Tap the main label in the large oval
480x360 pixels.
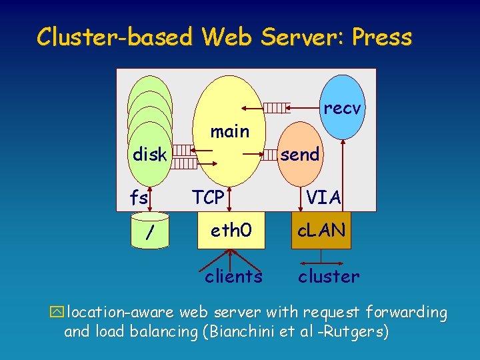point(229,131)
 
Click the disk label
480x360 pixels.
point(149,155)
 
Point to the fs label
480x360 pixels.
point(139,197)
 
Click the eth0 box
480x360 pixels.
point(231,231)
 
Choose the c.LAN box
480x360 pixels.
point(321,231)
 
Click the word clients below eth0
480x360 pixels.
point(233,276)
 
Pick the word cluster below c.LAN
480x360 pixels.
point(329,276)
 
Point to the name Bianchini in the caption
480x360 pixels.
point(243,332)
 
